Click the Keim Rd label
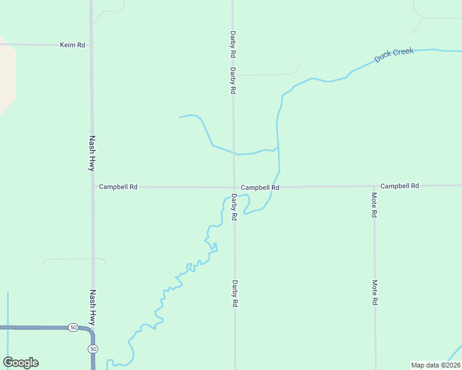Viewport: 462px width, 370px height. (72, 45)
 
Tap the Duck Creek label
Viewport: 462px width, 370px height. (394, 55)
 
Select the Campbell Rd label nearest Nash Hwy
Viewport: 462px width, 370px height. (118, 186)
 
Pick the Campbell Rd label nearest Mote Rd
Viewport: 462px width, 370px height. (400, 186)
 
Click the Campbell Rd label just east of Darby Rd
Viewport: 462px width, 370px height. (260, 187)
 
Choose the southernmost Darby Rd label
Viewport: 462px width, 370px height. (235, 294)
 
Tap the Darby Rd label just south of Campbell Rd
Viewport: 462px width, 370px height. (234, 207)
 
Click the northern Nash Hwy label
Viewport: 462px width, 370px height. (92, 153)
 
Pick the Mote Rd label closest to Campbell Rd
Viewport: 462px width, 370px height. (374, 205)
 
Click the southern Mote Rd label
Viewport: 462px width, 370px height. (375, 293)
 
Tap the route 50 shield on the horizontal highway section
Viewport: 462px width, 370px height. (73, 327)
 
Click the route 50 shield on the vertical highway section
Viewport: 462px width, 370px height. (93, 349)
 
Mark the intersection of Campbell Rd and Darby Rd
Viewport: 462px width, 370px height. (233, 187)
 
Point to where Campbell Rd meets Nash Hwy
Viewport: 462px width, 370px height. (93, 186)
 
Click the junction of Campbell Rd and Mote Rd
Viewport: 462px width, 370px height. (374, 186)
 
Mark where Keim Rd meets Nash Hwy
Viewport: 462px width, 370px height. (91, 45)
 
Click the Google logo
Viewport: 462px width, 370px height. (20, 363)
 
